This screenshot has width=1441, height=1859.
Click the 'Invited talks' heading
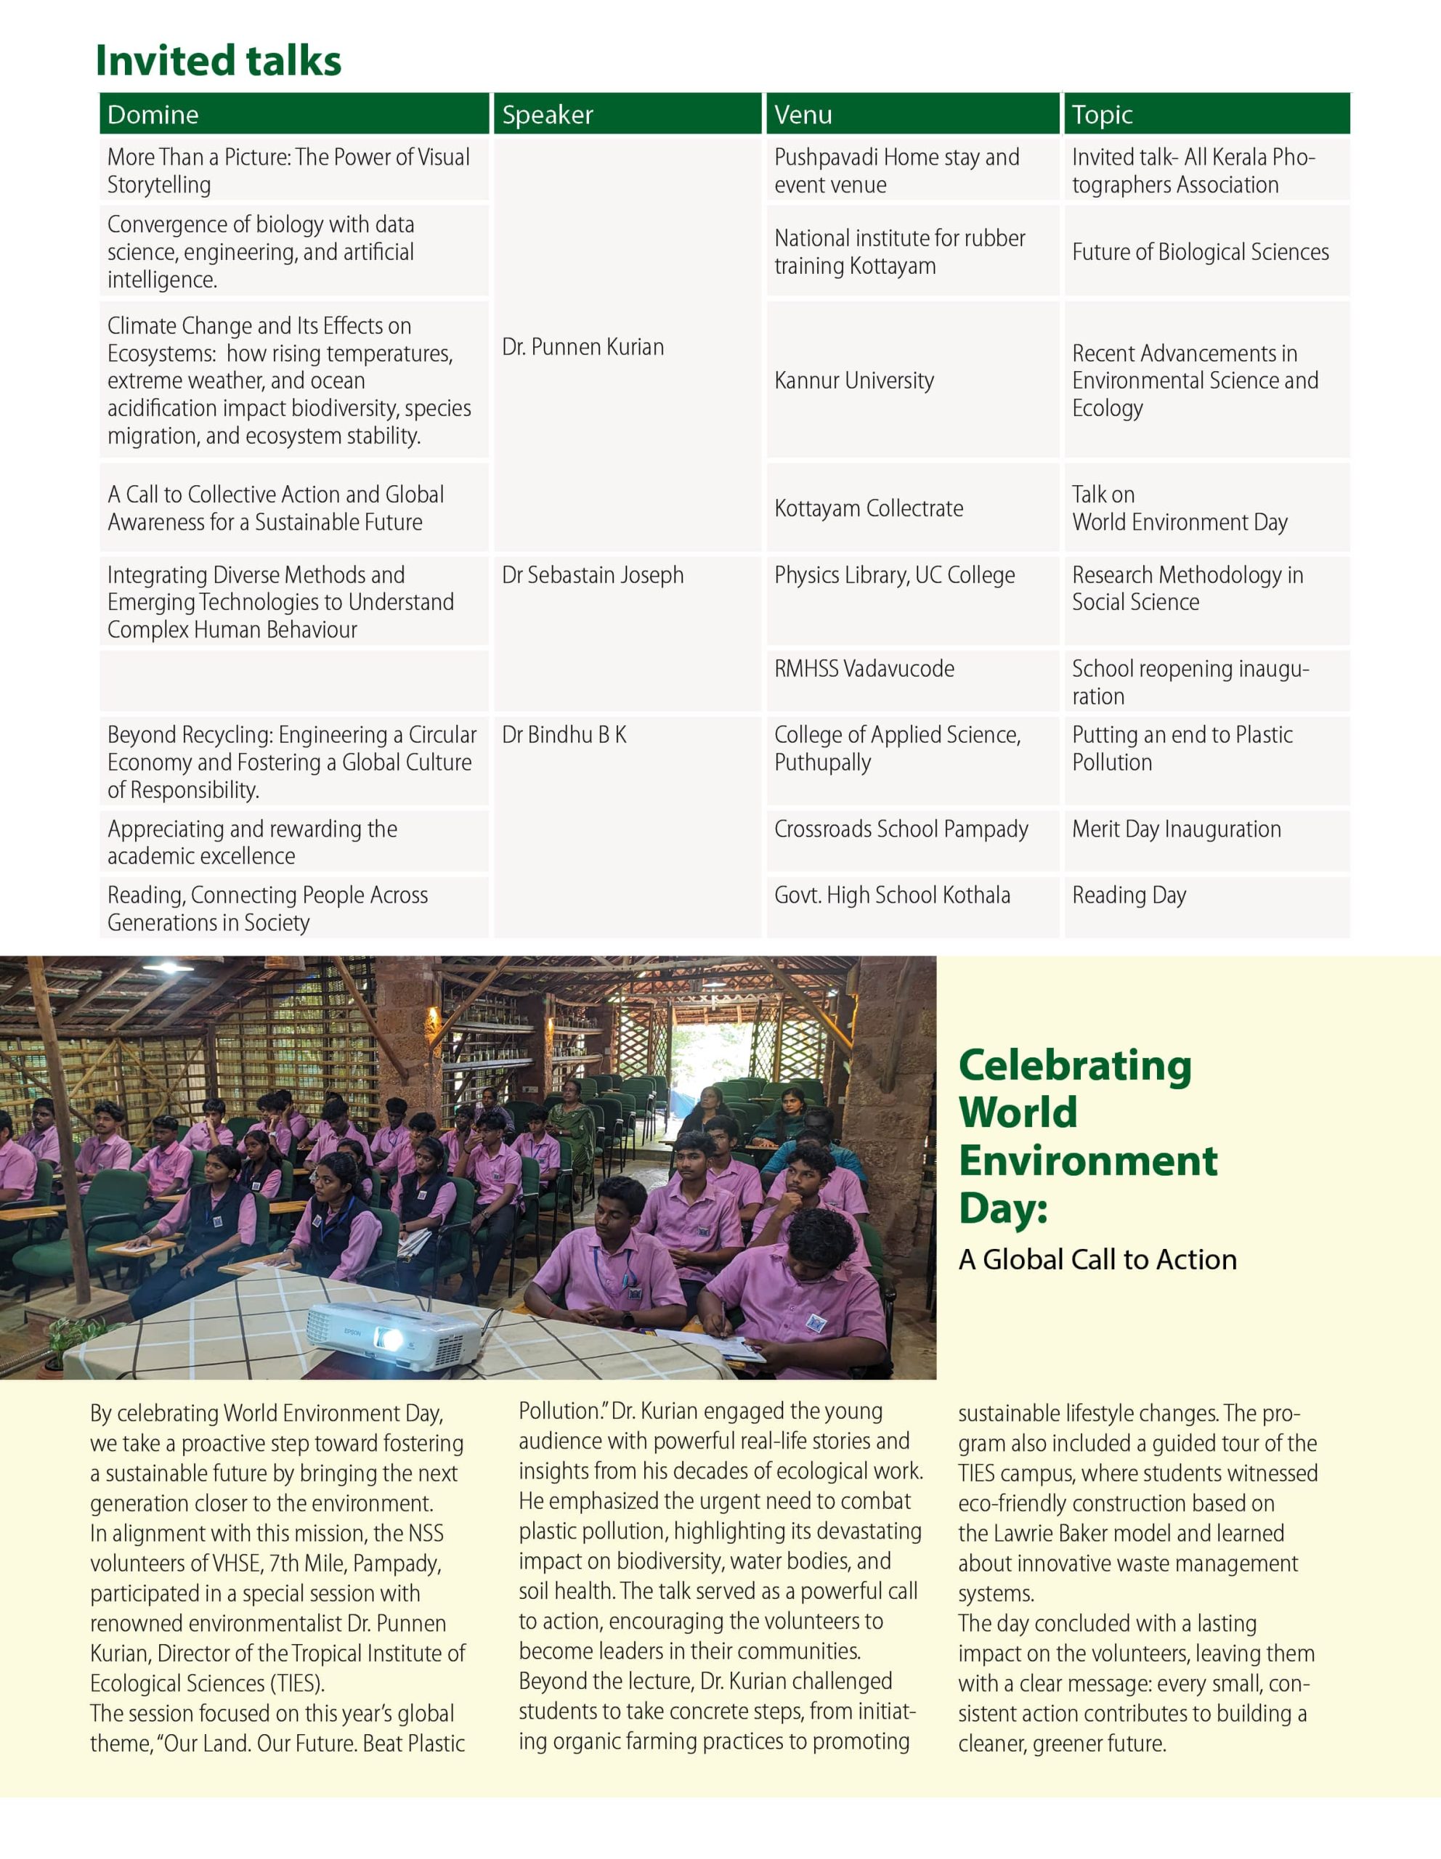[x=218, y=60]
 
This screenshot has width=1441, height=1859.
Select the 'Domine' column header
[x=153, y=114]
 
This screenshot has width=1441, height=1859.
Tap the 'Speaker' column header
[x=548, y=114]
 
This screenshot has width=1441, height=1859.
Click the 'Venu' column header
[x=803, y=114]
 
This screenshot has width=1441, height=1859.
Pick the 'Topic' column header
[x=1103, y=114]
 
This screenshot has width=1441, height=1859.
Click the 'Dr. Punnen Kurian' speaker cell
[x=583, y=346]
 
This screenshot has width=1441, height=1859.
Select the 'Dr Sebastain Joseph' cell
[x=593, y=574]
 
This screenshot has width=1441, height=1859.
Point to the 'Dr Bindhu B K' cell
[x=564, y=735]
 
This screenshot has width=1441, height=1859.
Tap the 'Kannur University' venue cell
[x=853, y=380]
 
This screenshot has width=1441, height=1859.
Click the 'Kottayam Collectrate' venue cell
[x=868, y=508]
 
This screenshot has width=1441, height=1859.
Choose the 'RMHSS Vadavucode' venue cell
[x=864, y=668]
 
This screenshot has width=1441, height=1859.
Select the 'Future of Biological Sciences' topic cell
[x=1200, y=252]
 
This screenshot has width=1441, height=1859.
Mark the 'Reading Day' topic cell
[x=1129, y=895]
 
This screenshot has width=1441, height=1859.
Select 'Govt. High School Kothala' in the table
[x=892, y=895]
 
